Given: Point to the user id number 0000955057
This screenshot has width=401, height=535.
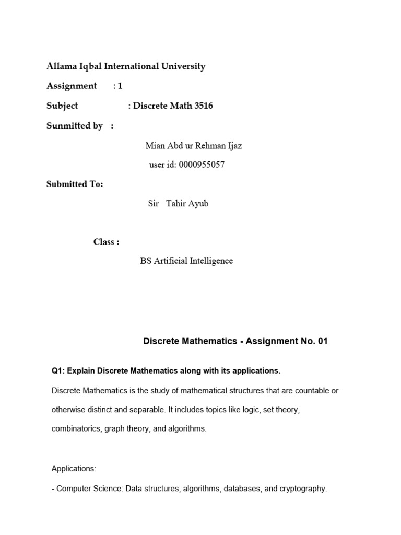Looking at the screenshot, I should click(202, 165).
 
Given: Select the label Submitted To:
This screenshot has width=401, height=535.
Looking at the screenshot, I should click(75, 184).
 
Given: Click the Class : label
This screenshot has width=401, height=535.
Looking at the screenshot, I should click(107, 242).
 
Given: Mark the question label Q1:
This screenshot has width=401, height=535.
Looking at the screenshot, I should click(58, 371).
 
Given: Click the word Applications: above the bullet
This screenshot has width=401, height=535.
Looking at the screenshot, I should click(74, 469).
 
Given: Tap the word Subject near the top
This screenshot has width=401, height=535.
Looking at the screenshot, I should click(62, 106).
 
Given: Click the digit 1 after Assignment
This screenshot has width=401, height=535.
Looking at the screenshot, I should click(120, 86).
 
